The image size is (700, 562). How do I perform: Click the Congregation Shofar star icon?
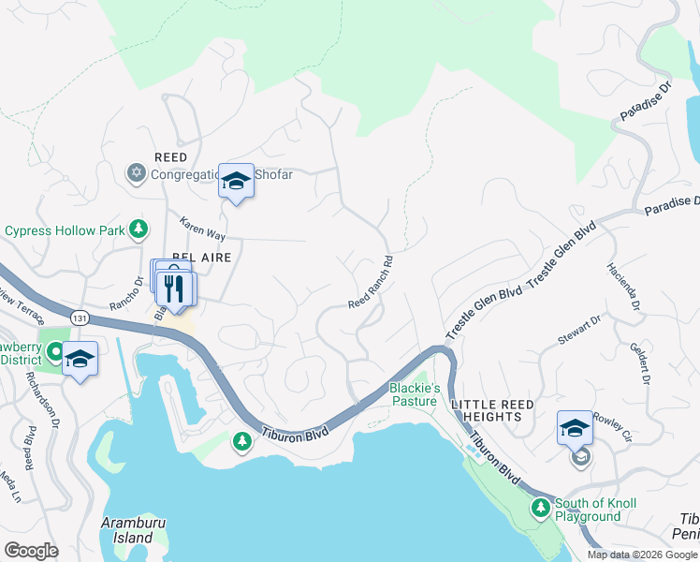pyautogui.click(x=135, y=172)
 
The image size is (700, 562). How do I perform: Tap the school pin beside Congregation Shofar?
pyautogui.click(x=236, y=181)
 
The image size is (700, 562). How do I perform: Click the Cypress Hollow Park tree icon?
pyautogui.click(x=139, y=229)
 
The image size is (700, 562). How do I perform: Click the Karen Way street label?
pyautogui.click(x=203, y=229)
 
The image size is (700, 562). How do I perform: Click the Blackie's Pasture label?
pyautogui.click(x=413, y=394)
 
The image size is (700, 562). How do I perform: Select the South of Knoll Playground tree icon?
pyautogui.click(x=540, y=509)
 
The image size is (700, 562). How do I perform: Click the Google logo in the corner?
pyautogui.click(x=30, y=550)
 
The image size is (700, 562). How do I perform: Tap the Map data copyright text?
pyautogui.click(x=641, y=555)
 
